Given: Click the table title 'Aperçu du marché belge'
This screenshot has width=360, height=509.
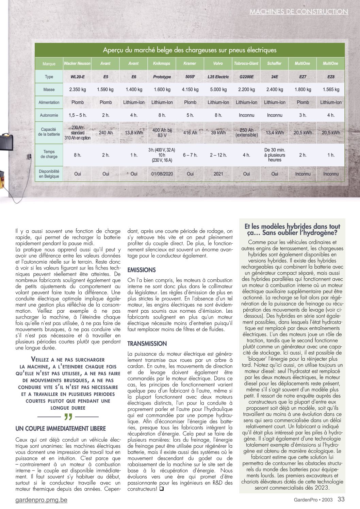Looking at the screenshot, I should pos(190,50).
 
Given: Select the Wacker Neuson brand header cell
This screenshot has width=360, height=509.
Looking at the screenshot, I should pos(77,64).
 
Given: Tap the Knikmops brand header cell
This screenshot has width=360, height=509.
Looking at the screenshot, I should pos(162,64).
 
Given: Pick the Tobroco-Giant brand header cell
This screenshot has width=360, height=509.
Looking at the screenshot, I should pos(246,64).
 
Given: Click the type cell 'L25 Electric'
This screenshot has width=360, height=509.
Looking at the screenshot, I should pos(218,77).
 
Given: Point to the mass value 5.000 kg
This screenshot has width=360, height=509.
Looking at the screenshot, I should pos(218,89).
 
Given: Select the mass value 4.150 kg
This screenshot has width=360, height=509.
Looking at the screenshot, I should pos(190,89).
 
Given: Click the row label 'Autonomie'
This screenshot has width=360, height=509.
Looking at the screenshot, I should pos(49,115).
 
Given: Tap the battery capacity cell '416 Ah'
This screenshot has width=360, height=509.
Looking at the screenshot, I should pos(190,133).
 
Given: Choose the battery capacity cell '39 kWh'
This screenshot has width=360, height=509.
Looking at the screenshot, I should pos(218,133).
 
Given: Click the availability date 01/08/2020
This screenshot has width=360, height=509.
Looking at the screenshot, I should pos(162,174).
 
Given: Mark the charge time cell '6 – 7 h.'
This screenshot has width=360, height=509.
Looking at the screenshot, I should pos(190,155).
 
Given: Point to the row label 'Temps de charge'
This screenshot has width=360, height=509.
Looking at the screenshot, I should pos(49,154).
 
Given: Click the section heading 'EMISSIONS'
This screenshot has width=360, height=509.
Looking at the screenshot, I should pos(142,270).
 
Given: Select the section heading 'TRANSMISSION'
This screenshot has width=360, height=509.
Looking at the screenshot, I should pos(147,344).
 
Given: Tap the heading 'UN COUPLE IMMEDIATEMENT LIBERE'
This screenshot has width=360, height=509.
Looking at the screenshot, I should pos(61,429).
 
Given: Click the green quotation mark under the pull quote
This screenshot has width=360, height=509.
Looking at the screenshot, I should pos(68,417).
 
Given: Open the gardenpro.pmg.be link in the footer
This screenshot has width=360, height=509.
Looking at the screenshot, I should pos(42,500).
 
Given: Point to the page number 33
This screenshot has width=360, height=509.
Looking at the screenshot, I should pos(341,499).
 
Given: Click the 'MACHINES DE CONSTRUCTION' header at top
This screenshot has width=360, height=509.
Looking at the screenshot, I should pos(299,12).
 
